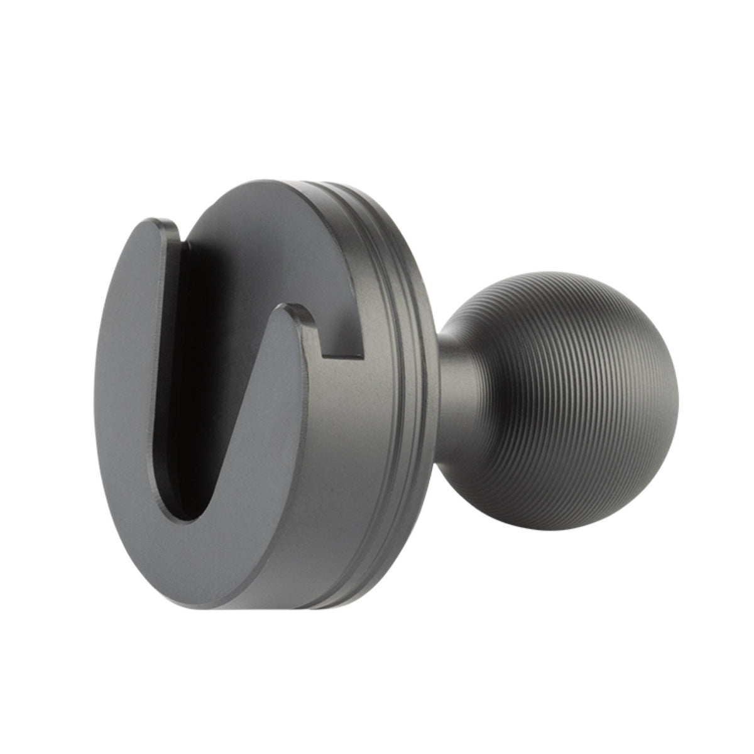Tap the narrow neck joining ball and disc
pyautogui.click(x=456, y=377)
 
